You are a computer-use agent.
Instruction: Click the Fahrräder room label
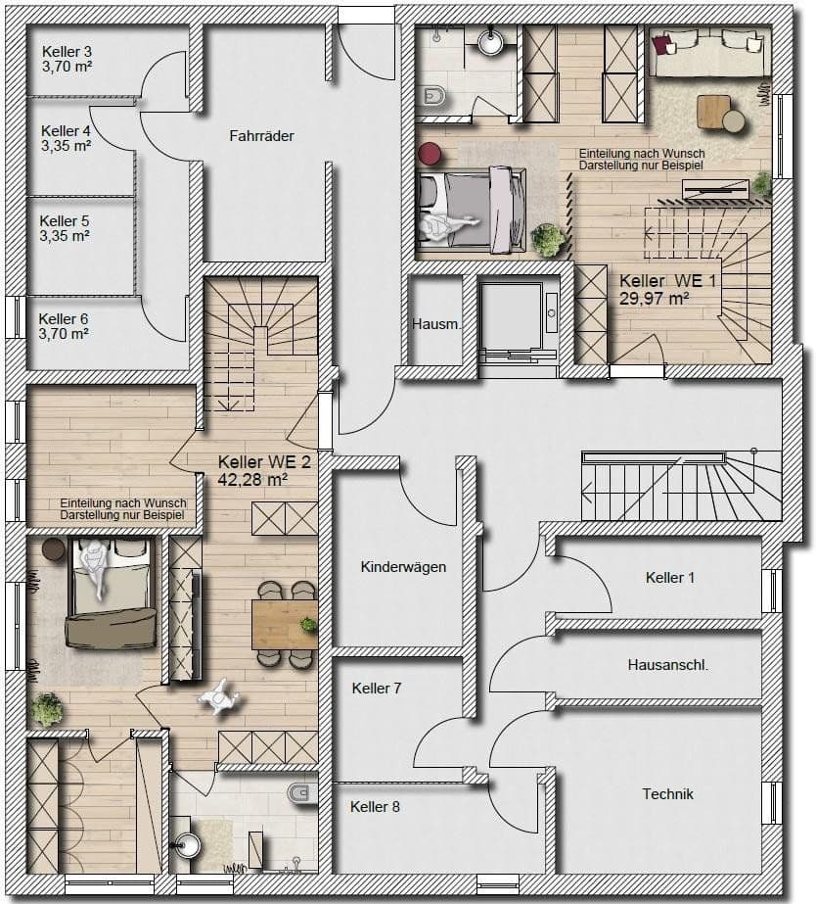261,136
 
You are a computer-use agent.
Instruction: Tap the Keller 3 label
67,52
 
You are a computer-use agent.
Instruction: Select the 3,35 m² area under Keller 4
67,146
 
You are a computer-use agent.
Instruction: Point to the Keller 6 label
64,318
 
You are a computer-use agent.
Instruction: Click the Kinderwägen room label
403,567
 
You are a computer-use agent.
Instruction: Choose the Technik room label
667,793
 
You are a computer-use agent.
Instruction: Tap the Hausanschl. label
667,664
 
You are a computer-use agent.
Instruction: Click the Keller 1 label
670,578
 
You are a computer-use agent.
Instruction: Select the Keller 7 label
377,689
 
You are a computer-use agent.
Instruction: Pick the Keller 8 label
375,807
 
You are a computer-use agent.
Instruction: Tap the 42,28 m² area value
251,479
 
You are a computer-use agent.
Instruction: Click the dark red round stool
430,154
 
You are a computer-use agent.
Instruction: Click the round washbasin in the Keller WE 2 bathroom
189,841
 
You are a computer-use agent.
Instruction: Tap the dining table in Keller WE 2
284,624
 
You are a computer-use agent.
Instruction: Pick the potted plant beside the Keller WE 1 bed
548,237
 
